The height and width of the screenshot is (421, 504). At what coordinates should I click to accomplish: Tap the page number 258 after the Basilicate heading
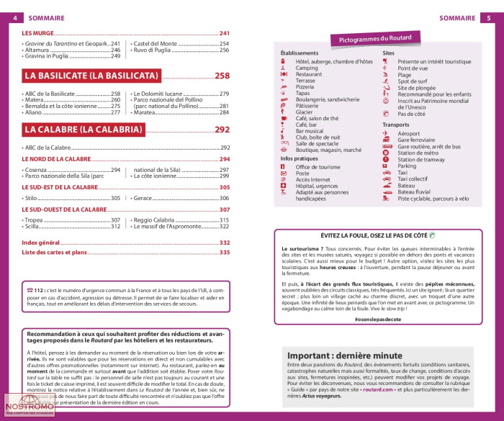[222, 76]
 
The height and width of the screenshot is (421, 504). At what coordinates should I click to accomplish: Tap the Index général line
[41, 243]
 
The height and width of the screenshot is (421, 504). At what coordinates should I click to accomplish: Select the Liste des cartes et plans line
[54, 253]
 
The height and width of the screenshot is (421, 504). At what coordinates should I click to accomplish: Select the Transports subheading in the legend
[396, 125]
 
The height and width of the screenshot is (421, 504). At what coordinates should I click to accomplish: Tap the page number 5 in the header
[489, 17]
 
